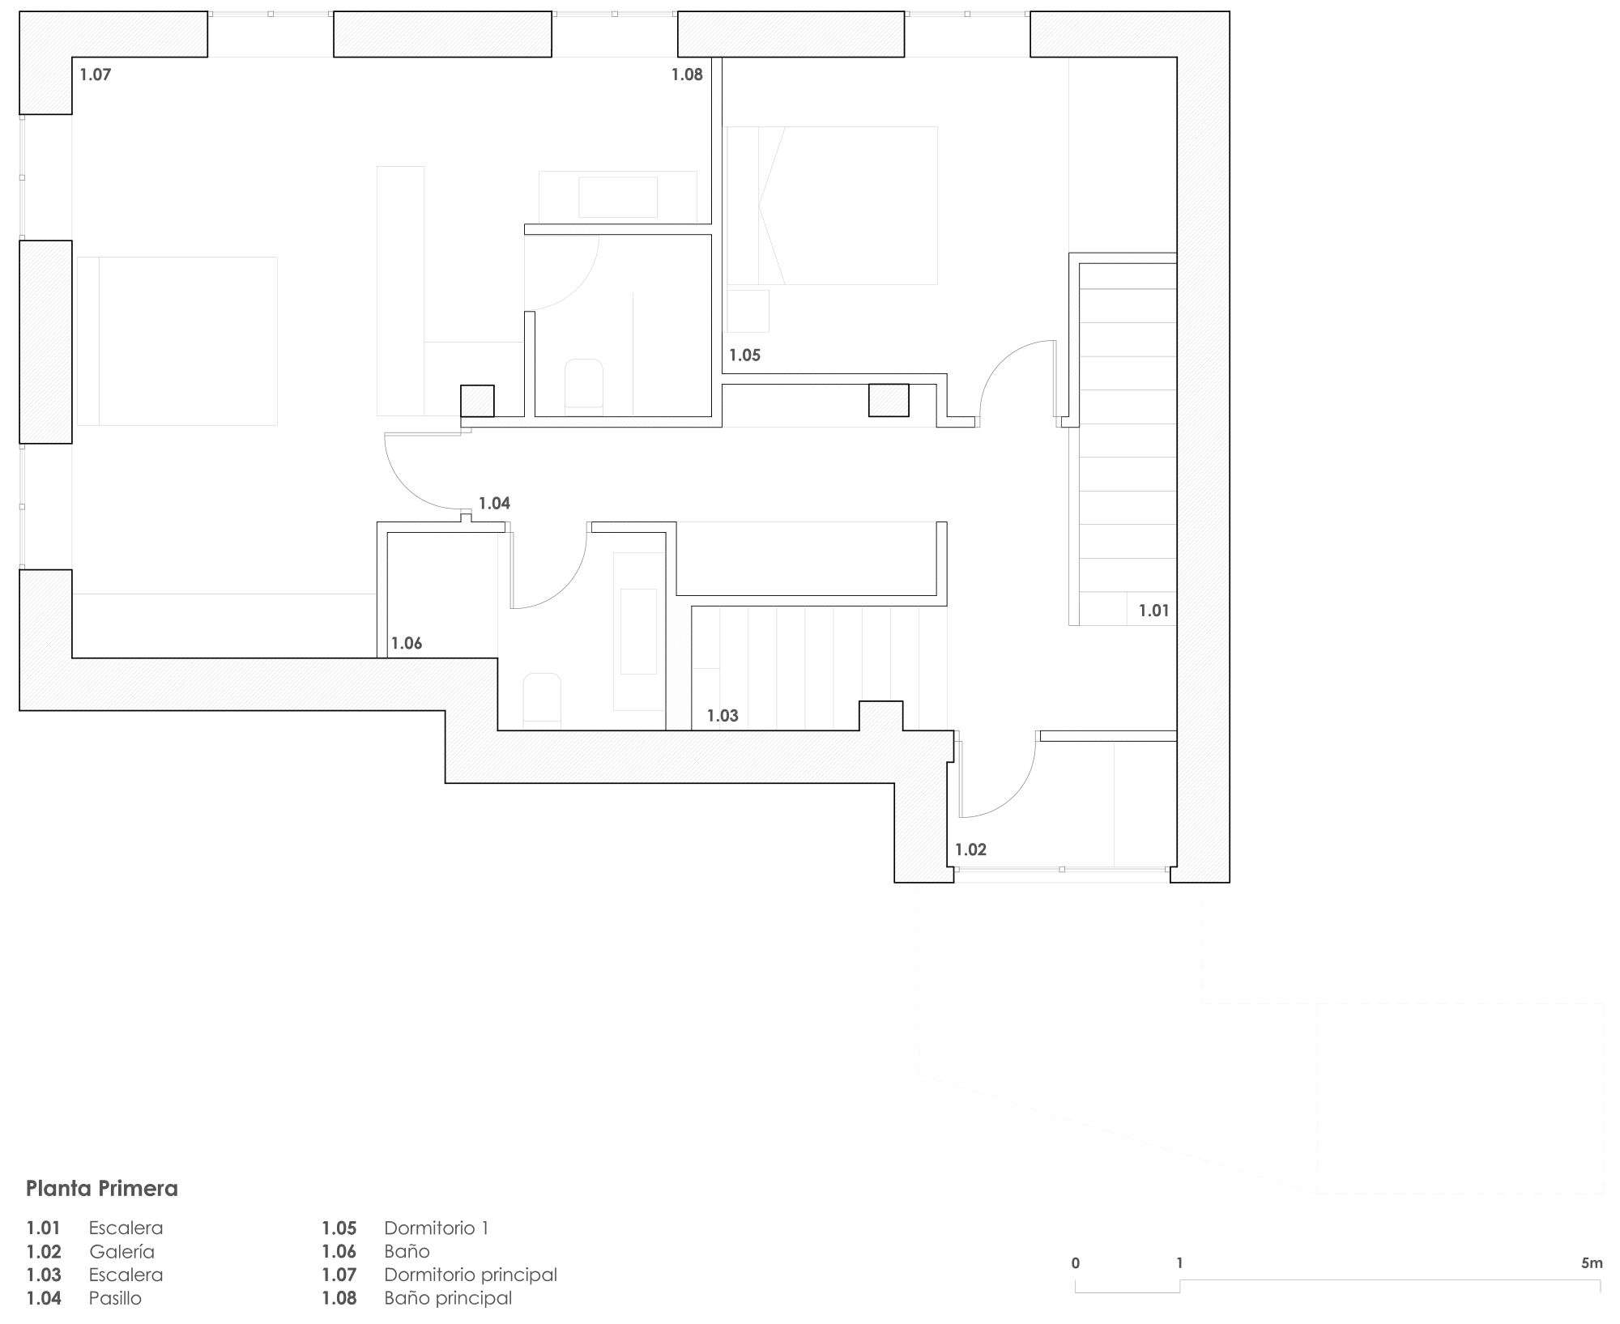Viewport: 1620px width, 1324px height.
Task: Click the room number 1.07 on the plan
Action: [x=95, y=75]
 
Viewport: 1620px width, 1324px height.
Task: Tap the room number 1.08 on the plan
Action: [x=687, y=75]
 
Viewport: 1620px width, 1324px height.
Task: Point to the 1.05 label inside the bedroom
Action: [x=744, y=355]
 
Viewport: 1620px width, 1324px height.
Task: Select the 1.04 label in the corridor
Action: [x=494, y=503]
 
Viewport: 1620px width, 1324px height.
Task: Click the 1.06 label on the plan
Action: [x=407, y=643]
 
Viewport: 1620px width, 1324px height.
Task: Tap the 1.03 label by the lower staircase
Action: [x=723, y=715]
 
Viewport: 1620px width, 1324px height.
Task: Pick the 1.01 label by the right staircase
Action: [x=1154, y=611]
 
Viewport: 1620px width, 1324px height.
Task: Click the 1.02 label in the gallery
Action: [x=970, y=849]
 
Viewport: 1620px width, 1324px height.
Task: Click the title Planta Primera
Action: [x=102, y=1189]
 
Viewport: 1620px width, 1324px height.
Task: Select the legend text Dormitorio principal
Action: [x=471, y=1275]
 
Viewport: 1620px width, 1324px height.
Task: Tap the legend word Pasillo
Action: [x=115, y=1298]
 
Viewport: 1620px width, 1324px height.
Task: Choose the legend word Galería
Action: [x=122, y=1251]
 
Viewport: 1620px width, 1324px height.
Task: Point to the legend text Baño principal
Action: [x=448, y=1298]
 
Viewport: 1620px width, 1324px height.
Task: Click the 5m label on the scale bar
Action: [x=1592, y=1262]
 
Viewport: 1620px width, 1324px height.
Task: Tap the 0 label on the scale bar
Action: [x=1076, y=1262]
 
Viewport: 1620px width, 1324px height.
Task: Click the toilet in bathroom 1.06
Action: [x=542, y=698]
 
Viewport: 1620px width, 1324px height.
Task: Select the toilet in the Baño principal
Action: [x=583, y=384]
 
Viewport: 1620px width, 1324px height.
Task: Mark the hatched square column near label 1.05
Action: [x=889, y=400]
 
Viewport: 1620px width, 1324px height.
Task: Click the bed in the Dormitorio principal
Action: [x=177, y=341]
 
